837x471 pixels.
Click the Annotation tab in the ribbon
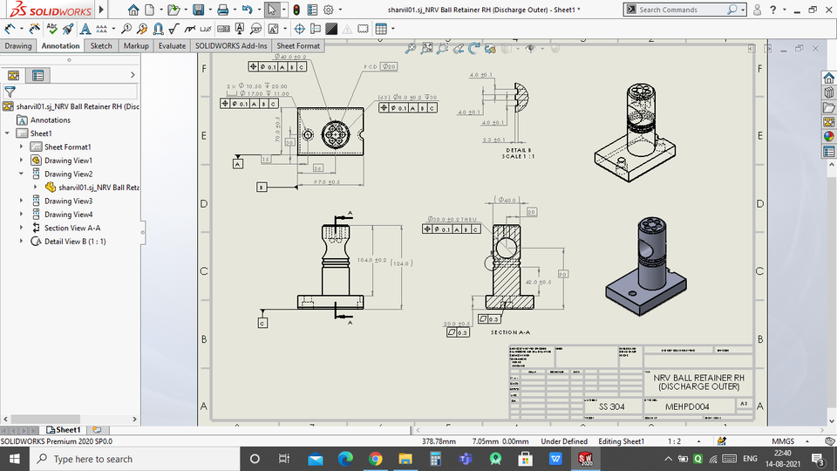click(x=60, y=45)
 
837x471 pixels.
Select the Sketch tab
click(x=101, y=45)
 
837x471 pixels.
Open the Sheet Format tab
click(x=298, y=45)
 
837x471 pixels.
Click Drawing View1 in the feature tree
click(x=68, y=160)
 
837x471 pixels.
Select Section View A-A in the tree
click(x=72, y=228)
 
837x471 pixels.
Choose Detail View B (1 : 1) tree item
click(x=75, y=242)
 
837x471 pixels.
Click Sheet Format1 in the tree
click(x=67, y=147)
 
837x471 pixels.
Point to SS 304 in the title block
click(x=611, y=406)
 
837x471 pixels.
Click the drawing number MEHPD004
click(x=688, y=406)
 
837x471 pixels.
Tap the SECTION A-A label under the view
click(x=510, y=332)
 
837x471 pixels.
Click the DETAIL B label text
click(x=517, y=150)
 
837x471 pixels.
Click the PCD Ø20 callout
click(x=382, y=66)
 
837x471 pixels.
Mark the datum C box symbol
click(x=262, y=323)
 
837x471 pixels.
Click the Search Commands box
click(x=684, y=10)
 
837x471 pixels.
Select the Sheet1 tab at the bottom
click(x=67, y=429)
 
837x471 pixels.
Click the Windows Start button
click(x=12, y=459)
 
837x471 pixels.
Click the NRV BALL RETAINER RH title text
click(x=698, y=378)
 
